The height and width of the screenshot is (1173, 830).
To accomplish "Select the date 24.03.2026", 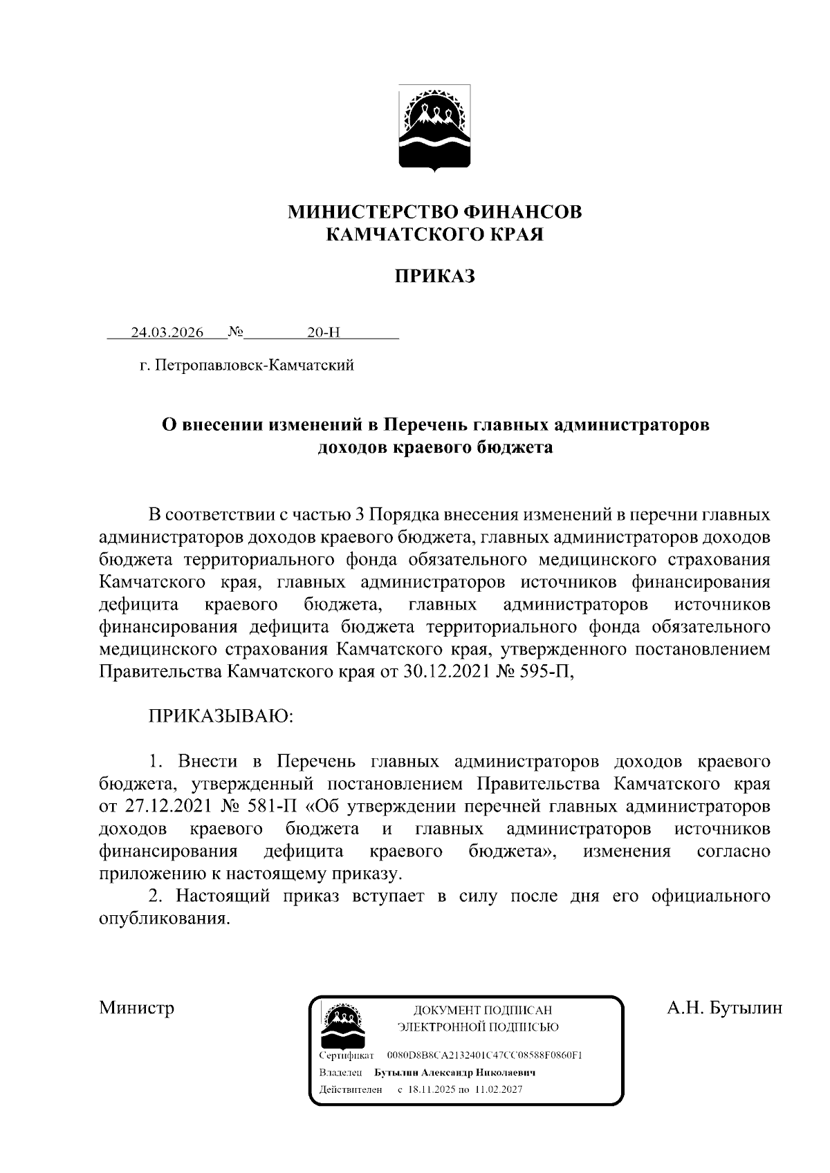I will point(167,332).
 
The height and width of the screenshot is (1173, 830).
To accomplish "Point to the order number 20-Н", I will point(324,332).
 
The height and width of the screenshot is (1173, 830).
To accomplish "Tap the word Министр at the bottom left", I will point(137,1008).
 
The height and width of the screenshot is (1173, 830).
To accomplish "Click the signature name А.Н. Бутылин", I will point(724,1008).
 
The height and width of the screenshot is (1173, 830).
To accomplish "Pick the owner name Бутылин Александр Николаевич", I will point(455,1073).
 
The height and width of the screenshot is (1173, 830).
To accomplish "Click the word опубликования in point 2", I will point(164,919).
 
